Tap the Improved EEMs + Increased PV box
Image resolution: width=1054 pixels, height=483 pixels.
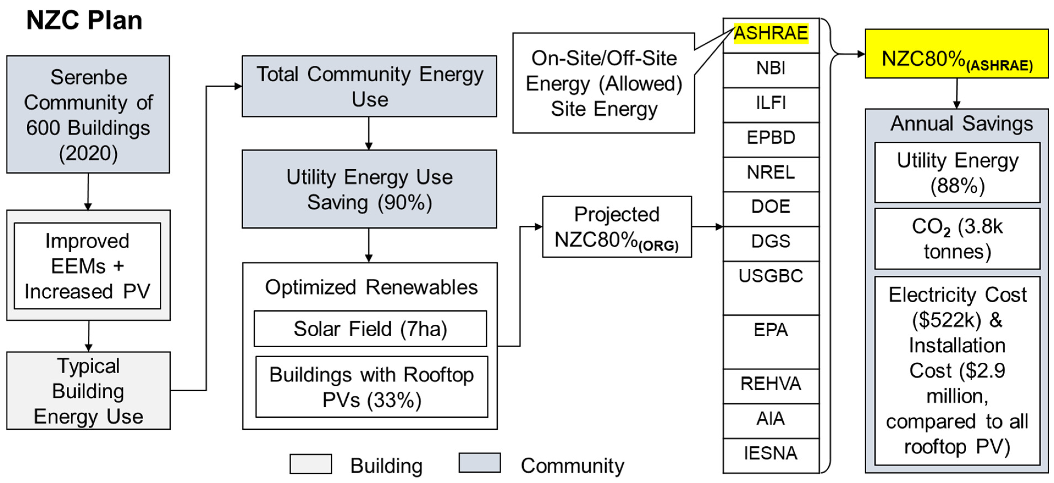click(x=88, y=266)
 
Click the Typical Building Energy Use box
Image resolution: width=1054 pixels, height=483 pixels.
click(x=88, y=391)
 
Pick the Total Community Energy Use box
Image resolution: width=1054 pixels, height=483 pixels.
click(x=369, y=86)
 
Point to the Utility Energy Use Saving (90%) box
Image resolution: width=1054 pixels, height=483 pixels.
click(x=369, y=189)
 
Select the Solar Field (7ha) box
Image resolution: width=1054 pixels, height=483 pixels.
click(x=370, y=329)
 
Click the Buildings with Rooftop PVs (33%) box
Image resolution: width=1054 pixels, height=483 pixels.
click(x=372, y=387)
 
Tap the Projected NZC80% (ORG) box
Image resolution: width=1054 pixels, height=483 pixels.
click(x=617, y=227)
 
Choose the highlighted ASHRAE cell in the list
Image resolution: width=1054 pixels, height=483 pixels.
click(x=771, y=33)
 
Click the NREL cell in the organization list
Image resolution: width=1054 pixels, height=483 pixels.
click(x=771, y=173)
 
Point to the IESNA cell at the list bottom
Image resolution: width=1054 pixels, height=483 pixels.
click(x=771, y=454)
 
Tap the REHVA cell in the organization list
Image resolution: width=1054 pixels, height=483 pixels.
click(x=771, y=384)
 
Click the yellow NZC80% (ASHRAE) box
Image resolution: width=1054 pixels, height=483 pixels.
click(x=957, y=54)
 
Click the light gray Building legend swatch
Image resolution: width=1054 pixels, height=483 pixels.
click(x=311, y=464)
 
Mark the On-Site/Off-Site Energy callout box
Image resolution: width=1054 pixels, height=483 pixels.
click(x=604, y=84)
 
